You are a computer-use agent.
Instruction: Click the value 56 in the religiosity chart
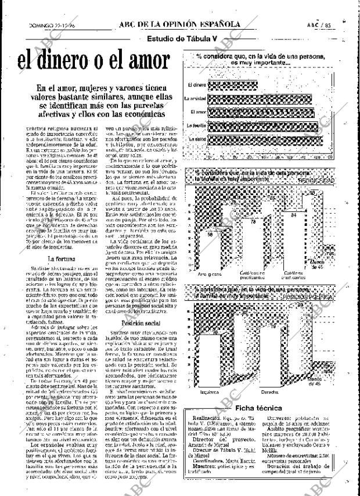tap(210, 235)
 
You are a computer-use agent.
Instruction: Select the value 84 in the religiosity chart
tap(294, 215)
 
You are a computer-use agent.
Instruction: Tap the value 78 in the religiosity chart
tap(252, 222)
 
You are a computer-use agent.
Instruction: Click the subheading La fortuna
tap(60, 259)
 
